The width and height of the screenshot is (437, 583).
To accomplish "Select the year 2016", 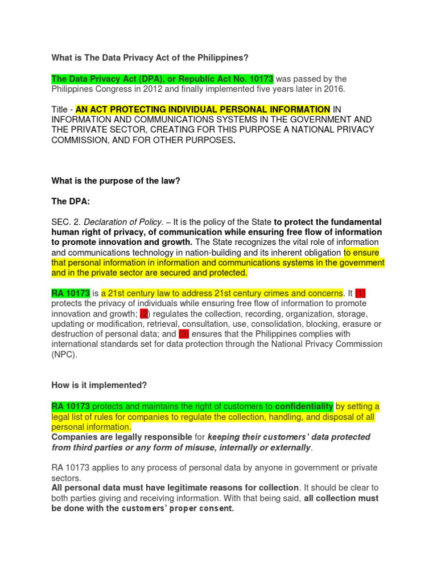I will [x=333, y=89].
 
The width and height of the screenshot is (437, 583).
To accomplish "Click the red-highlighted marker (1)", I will [x=360, y=293].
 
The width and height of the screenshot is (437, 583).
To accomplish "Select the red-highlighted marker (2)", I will [x=144, y=314].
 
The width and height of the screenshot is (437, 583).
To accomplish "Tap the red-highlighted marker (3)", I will [x=183, y=334].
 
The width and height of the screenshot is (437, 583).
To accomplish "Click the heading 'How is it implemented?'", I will [x=99, y=385].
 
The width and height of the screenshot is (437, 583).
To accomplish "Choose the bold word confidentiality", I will [x=304, y=406].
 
